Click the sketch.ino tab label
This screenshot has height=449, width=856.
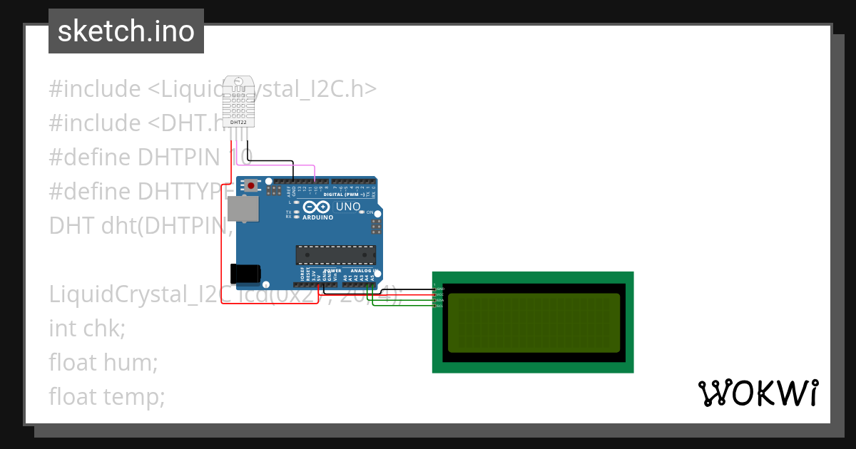coord(126,31)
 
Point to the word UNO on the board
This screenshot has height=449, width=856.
coord(348,207)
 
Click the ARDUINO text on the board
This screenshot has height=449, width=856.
coord(318,217)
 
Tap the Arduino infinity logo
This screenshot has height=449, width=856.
coord(317,207)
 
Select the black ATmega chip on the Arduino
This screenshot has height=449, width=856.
coord(336,255)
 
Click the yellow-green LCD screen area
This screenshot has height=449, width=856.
coord(532,323)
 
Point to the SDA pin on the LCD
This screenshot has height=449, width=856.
coord(439,300)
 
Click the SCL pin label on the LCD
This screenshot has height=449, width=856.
coord(439,306)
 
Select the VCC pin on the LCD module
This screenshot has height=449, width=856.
coord(439,294)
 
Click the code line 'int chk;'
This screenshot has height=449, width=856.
coord(87,329)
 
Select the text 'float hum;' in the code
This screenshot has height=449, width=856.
coord(103,362)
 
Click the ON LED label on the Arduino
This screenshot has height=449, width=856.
coord(370,212)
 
